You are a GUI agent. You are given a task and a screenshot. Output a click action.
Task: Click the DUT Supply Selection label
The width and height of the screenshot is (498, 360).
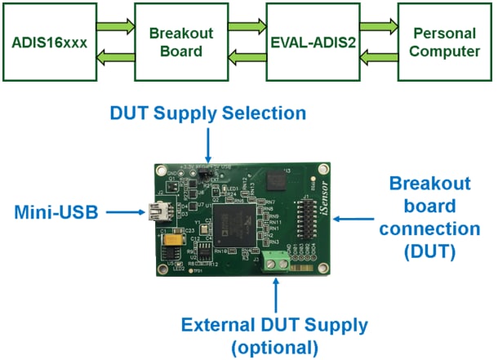click(209, 113)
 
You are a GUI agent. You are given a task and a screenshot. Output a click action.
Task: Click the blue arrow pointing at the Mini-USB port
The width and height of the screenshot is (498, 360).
click(123, 215)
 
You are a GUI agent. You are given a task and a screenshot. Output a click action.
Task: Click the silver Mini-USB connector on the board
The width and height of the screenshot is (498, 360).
click(154, 215)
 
